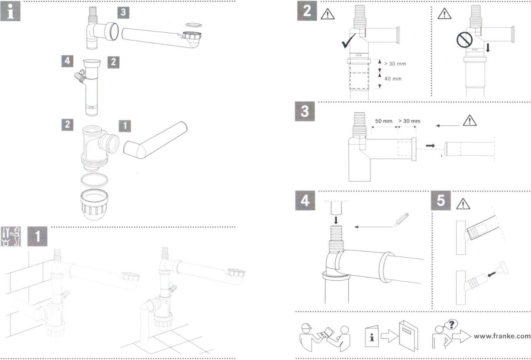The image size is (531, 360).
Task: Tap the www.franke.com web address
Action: click(x=501, y=336)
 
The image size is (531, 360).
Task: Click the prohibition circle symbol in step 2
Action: click(x=463, y=42)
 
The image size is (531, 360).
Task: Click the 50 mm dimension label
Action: click(x=384, y=121)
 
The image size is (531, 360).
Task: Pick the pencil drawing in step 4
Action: click(x=401, y=220)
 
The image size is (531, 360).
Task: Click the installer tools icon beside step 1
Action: click(x=12, y=237)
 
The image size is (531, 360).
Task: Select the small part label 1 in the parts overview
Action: click(x=125, y=125)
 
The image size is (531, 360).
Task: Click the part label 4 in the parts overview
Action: click(x=66, y=61)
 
